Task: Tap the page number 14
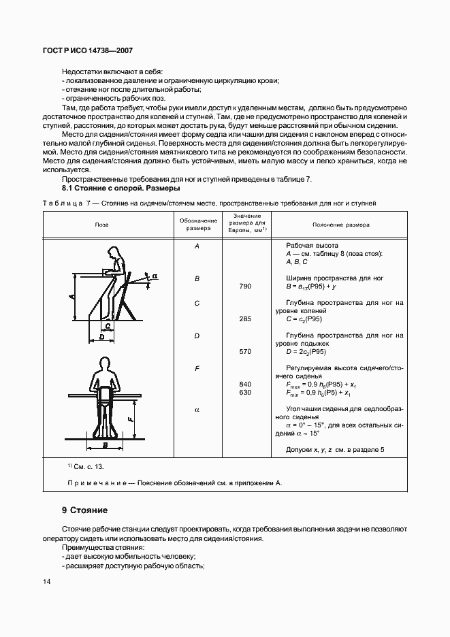48,581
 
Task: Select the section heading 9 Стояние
84,510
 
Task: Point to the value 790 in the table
245,286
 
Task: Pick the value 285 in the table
245,318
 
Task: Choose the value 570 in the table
245,351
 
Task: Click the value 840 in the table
245,384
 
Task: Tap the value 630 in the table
245,393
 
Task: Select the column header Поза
101,224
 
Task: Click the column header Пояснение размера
340,224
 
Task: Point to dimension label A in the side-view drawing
71,297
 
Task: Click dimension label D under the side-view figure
101,336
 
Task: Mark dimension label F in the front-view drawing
129,419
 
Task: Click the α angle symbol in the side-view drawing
155,276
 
